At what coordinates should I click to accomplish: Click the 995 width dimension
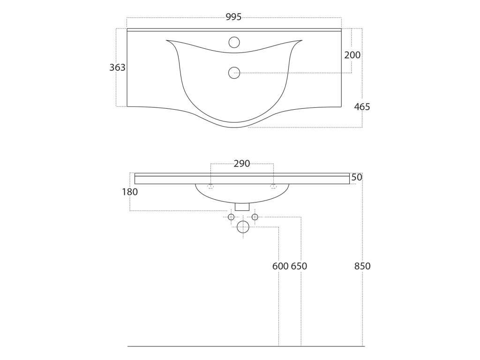pyautogui.click(x=233, y=17)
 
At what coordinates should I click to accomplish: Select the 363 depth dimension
pyautogui.click(x=117, y=67)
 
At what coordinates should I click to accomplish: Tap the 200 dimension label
pyautogui.click(x=352, y=55)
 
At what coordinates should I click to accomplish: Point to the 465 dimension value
pyautogui.click(x=362, y=107)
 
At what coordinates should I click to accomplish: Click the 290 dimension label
pyautogui.click(x=242, y=164)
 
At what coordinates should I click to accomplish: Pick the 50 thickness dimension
pyautogui.click(x=357, y=177)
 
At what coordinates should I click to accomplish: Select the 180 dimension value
pyautogui.click(x=130, y=192)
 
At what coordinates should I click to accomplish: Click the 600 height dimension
pyautogui.click(x=280, y=266)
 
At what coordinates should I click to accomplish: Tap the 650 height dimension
pyautogui.click(x=299, y=266)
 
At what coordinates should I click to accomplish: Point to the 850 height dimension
pyautogui.click(x=362, y=266)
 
